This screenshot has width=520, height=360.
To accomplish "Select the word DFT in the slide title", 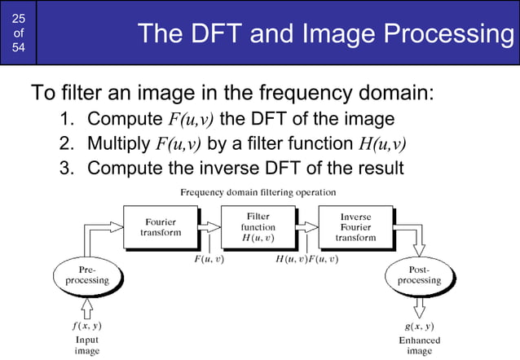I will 216,34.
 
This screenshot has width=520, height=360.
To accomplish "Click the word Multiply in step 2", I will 119,144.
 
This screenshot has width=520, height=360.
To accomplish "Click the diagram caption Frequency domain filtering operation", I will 258,192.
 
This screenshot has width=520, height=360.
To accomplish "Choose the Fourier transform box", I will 160,226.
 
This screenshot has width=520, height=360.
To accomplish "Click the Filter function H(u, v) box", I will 258,226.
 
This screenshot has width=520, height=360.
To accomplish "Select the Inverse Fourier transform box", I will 355,226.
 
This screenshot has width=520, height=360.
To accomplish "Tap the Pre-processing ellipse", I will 87,275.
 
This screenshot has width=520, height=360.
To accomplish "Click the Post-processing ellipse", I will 419,275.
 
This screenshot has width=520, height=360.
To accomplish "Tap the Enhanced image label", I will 420,345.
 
